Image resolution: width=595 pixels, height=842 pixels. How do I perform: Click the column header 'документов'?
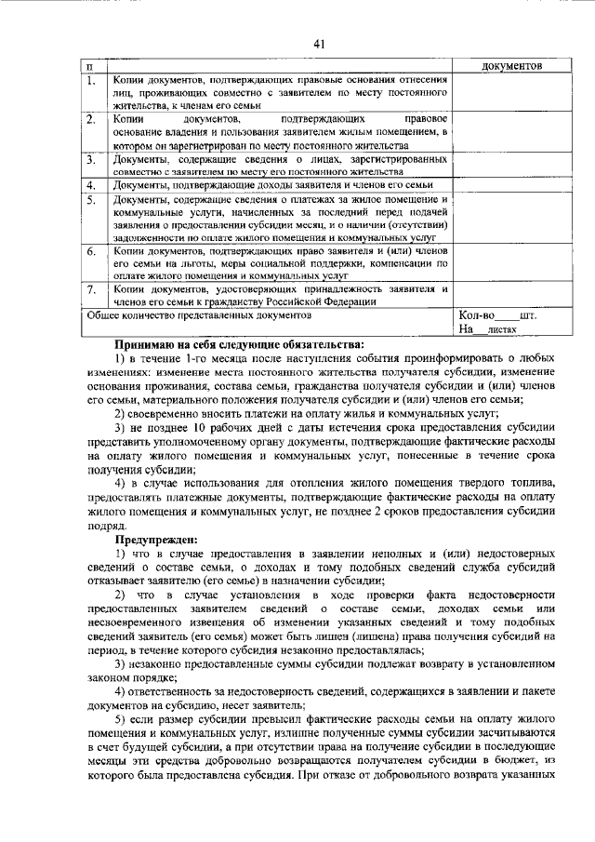(511, 67)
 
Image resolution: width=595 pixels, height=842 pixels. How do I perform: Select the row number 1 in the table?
(91, 81)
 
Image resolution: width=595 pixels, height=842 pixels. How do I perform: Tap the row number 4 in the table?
(91, 186)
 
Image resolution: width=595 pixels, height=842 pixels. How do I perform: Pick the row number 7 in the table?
(91, 290)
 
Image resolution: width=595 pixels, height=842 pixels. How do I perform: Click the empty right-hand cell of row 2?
(511, 134)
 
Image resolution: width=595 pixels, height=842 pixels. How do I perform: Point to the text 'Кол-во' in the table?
(477, 315)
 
